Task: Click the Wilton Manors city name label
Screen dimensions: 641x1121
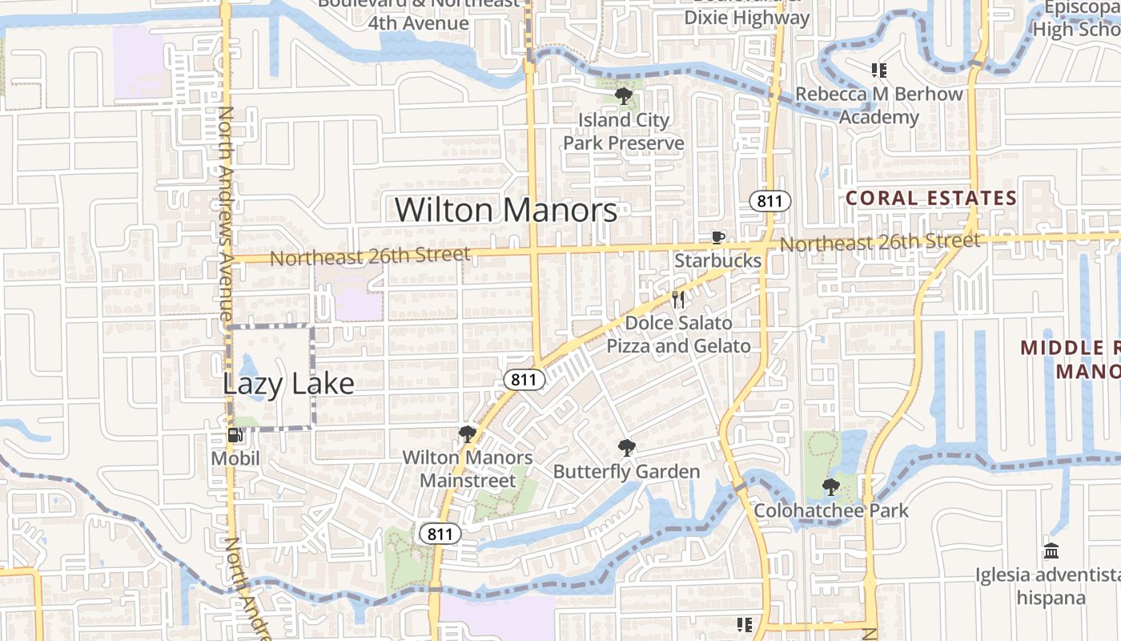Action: (506, 210)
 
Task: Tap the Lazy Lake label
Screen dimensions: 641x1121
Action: (288, 383)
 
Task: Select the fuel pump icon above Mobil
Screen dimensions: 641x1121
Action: (235, 435)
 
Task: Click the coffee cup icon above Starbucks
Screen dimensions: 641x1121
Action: (718, 238)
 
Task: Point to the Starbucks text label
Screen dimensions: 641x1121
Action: (717, 260)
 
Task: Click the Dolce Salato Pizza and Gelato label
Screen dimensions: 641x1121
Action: (678, 334)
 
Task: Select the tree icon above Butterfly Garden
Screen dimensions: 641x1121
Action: (626, 448)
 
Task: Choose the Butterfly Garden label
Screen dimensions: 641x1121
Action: (626, 471)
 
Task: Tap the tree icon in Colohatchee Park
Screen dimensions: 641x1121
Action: (831, 486)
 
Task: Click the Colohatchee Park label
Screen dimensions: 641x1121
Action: (831, 510)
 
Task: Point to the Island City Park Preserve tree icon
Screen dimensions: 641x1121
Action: (623, 97)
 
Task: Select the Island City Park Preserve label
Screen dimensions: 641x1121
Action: (623, 131)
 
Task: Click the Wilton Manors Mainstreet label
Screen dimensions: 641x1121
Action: (468, 469)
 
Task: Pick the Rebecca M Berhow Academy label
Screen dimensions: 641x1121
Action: (879, 105)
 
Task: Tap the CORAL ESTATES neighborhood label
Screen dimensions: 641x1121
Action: (931, 198)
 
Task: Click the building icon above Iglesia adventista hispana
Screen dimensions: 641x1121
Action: (1051, 551)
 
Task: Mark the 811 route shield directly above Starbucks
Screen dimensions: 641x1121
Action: (769, 200)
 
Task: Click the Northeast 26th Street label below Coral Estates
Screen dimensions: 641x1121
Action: (879, 242)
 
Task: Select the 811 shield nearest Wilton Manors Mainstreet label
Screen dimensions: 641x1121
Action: (440, 534)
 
